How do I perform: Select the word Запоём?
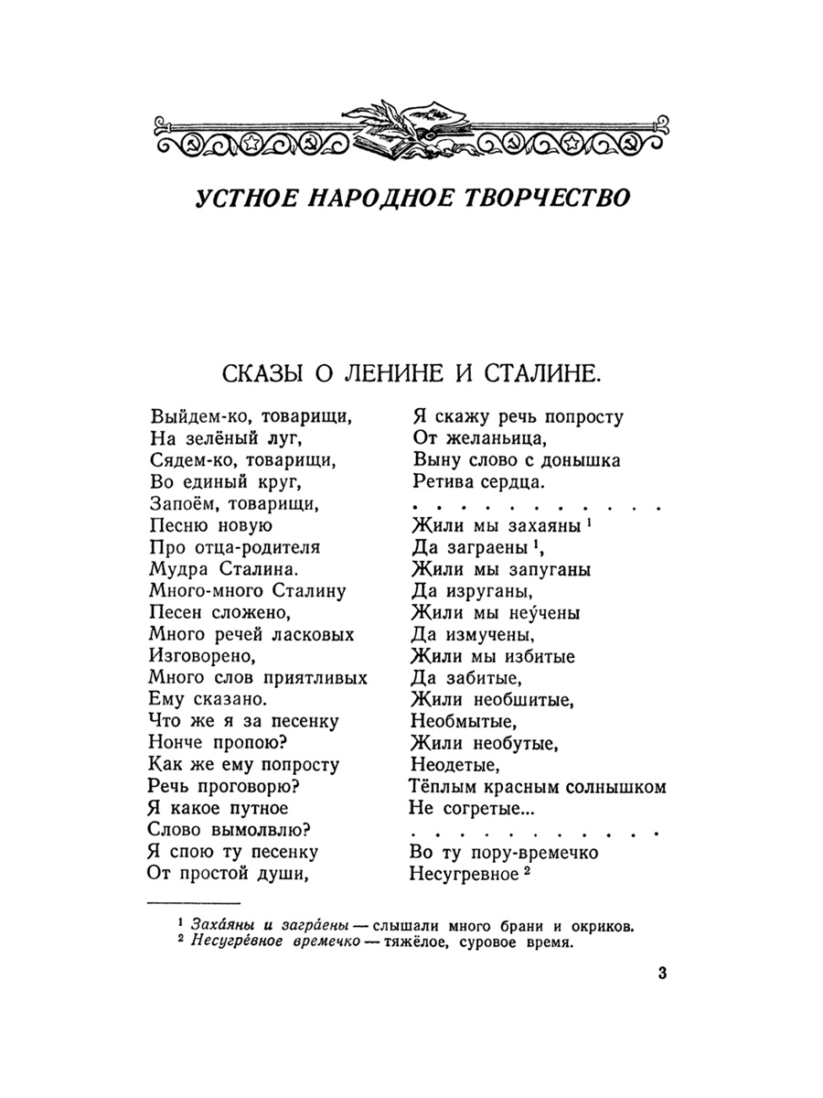(x=181, y=504)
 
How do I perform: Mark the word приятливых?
(x=314, y=678)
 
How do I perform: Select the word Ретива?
(x=443, y=482)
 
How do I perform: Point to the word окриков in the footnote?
(x=598, y=925)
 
